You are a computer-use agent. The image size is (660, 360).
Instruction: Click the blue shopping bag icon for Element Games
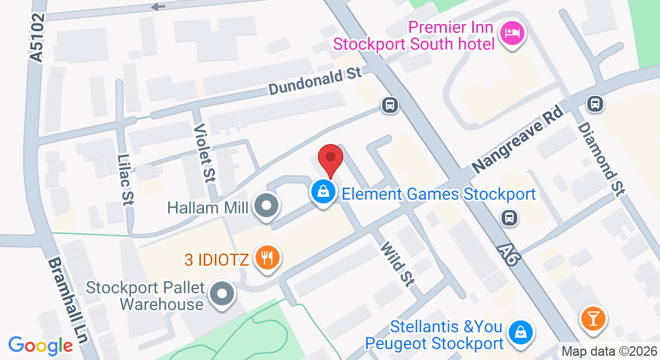coord(323,192)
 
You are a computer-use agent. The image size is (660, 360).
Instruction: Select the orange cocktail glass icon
coord(593,318)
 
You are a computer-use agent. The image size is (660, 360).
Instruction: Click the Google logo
coord(40,346)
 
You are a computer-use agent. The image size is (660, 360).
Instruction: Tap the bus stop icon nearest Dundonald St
coord(390,106)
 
